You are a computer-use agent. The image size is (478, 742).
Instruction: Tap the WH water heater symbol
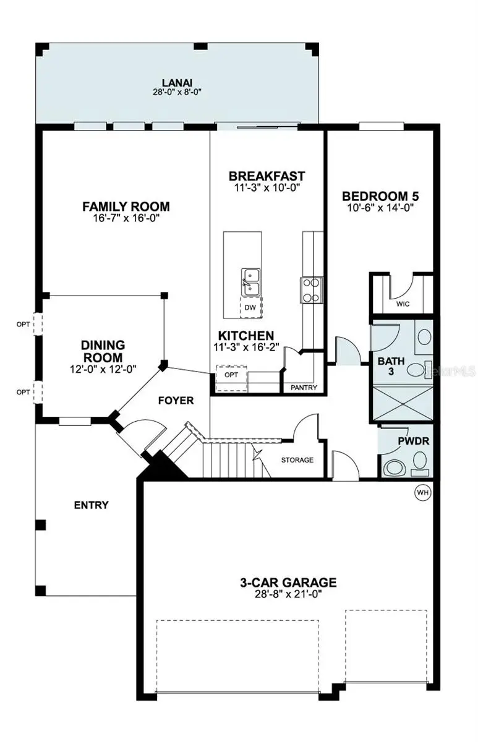pos(423,492)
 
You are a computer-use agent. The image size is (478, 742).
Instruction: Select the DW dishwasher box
pos(250,307)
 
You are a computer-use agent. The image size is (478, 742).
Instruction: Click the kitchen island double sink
pos(250,282)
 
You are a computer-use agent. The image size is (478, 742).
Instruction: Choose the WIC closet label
pos(403,304)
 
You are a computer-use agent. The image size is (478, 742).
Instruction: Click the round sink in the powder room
pos(394,469)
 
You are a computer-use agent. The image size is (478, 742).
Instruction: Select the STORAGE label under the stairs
pos(297,460)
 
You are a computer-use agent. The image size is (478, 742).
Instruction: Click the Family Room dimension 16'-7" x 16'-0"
pos(126,218)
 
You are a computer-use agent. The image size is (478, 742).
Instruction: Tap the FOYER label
pos(176,401)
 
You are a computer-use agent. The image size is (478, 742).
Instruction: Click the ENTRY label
pos(91,505)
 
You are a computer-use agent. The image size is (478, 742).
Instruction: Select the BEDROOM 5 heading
pos(381,197)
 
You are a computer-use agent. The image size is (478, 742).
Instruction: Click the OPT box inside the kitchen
pos(231,375)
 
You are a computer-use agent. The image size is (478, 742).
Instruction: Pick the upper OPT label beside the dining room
pos(23,323)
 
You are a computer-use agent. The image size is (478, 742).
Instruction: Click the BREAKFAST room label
pos(267,176)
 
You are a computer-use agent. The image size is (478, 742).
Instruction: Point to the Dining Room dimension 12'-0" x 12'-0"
pos(103,369)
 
